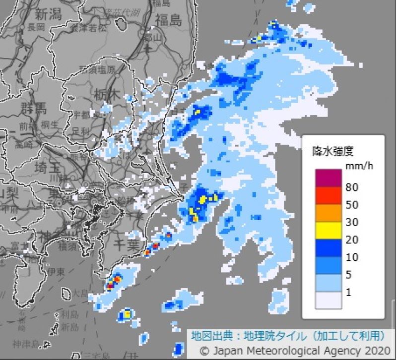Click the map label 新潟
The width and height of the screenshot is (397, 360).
[49, 13]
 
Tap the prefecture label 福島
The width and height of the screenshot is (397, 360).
[168, 20]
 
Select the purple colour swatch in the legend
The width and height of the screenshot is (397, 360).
[328, 178]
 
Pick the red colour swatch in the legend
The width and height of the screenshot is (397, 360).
[328, 195]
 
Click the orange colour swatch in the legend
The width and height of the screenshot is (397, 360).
[328, 213]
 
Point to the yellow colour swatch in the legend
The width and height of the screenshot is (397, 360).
[328, 230]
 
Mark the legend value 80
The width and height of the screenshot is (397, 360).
[352, 187]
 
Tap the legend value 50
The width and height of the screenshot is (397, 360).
[352, 205]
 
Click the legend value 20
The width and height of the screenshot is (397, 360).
[352, 240]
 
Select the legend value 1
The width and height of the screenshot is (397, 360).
[348, 293]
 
